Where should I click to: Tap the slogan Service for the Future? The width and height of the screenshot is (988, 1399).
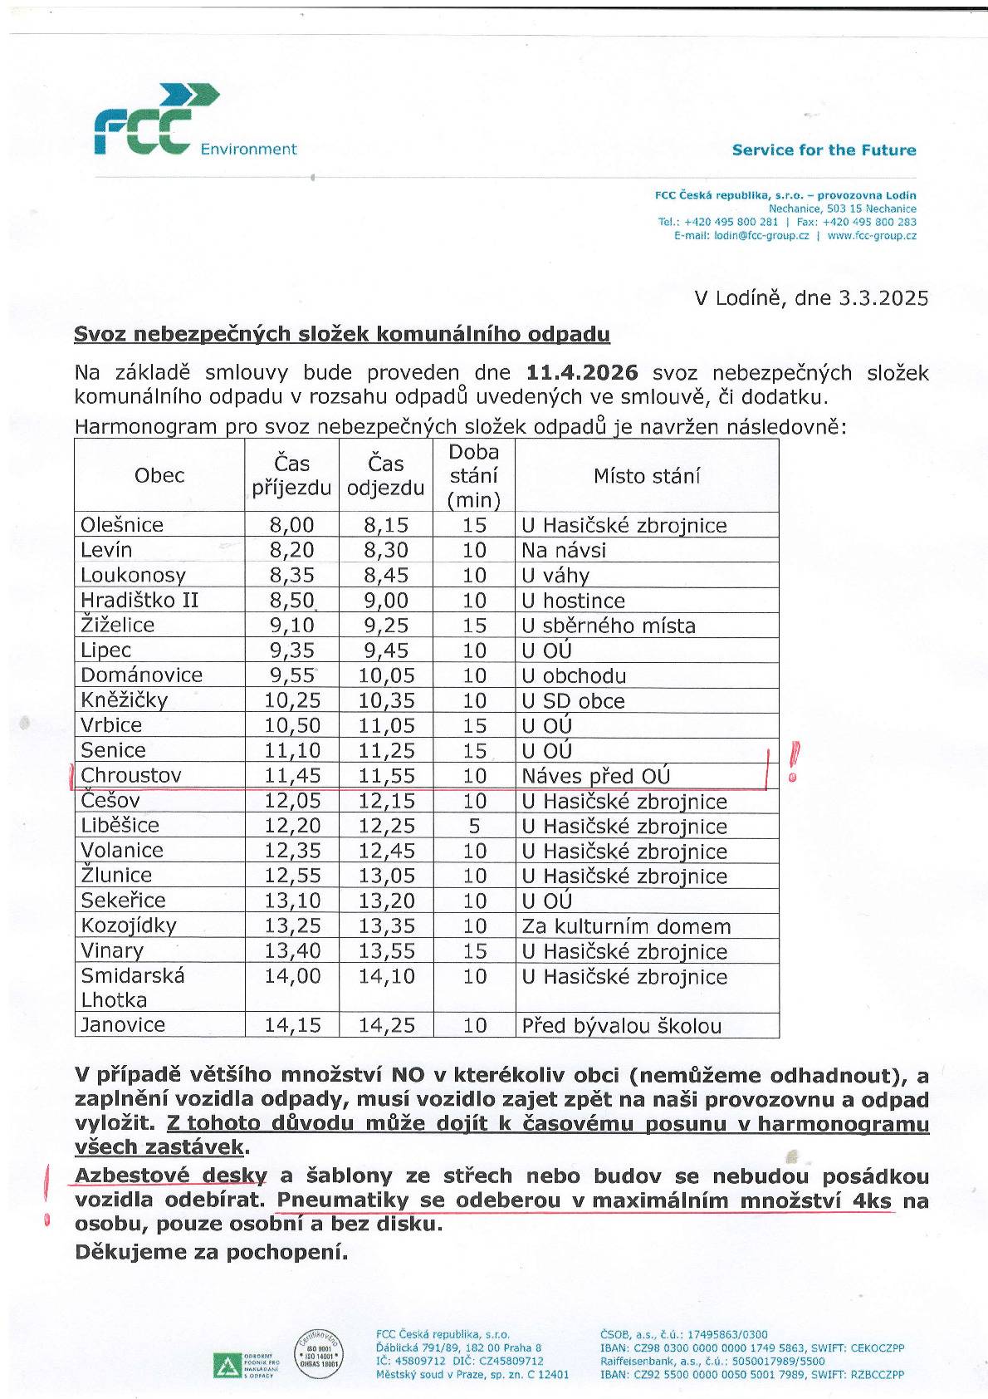click(823, 150)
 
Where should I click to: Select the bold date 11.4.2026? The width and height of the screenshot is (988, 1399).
click(581, 373)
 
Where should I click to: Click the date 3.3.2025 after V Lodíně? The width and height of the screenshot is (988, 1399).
click(883, 298)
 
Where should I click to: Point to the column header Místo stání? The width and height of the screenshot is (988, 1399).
click(646, 476)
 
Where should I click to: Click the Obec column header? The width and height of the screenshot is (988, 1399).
click(159, 475)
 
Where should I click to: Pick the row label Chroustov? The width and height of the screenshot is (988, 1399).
click(131, 776)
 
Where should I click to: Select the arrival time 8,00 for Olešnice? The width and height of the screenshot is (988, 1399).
click(291, 525)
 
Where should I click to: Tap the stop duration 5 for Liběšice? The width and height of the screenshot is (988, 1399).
click(474, 826)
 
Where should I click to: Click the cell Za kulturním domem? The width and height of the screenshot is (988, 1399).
click(626, 926)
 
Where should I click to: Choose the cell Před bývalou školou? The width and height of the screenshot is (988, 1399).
click(621, 1026)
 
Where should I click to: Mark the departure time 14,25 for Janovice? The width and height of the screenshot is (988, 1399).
click(386, 1026)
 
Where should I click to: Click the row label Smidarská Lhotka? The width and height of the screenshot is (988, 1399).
click(133, 988)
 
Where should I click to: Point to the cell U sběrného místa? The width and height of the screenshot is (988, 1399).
click(609, 626)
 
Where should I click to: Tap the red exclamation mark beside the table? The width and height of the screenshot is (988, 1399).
click(794, 761)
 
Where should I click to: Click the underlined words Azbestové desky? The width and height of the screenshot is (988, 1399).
click(171, 1176)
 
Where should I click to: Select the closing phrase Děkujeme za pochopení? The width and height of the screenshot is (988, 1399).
click(211, 1252)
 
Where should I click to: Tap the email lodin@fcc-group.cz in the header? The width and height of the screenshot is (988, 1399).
click(761, 236)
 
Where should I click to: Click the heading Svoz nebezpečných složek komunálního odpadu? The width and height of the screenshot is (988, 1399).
click(341, 334)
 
